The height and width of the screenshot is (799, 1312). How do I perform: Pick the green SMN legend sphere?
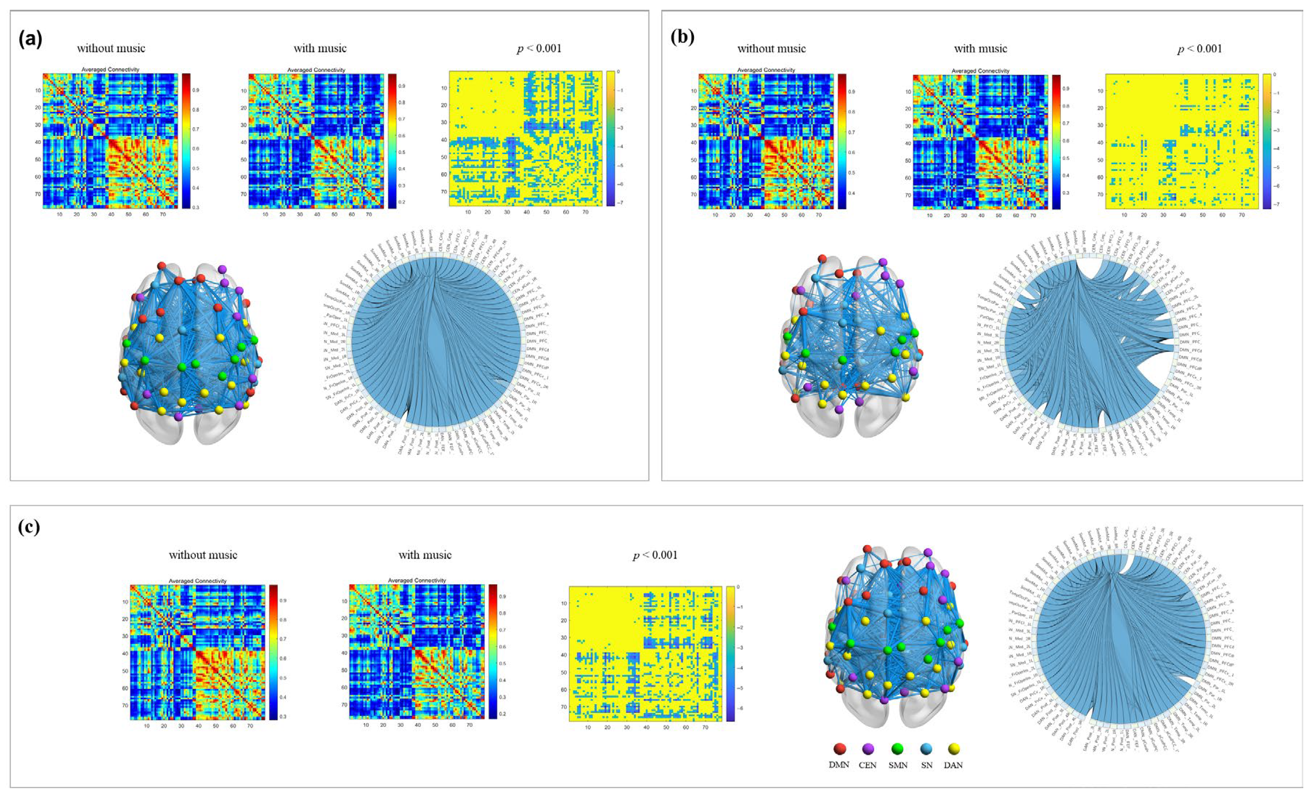point(898,749)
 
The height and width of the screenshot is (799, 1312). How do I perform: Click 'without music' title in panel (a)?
point(111,48)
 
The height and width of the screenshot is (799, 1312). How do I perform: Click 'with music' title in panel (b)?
point(980,48)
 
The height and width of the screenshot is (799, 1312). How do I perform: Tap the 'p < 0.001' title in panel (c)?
point(655,555)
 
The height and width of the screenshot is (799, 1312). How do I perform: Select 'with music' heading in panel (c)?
point(425,555)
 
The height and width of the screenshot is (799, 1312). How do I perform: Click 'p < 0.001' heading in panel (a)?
point(539,48)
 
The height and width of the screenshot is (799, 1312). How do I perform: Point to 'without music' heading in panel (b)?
point(772,48)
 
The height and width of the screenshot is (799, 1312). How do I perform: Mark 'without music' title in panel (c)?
point(203,555)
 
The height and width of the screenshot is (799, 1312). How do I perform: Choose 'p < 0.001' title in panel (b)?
point(1200,48)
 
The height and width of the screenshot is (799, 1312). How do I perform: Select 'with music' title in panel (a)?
point(320,48)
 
